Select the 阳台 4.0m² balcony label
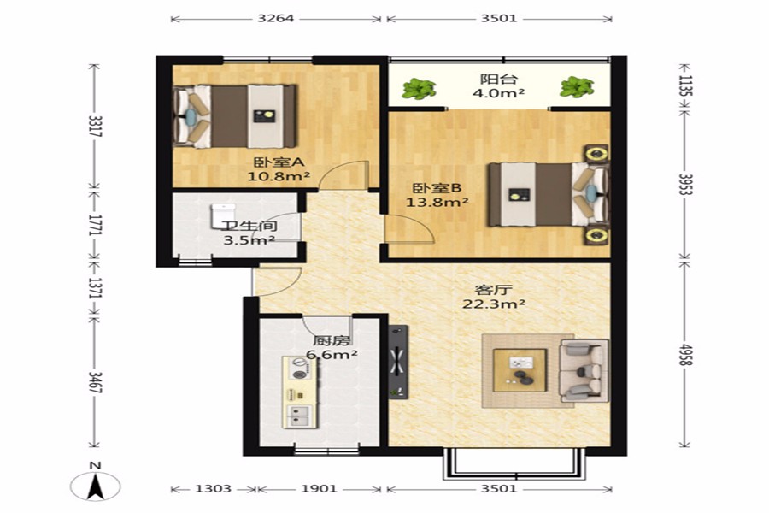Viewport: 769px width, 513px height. tap(498, 85)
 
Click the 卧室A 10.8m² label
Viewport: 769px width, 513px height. tap(279, 168)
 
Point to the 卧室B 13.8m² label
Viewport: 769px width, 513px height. tap(437, 194)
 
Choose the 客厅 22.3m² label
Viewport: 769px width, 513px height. tap(494, 297)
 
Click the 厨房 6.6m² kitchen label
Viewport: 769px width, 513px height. tap(332, 347)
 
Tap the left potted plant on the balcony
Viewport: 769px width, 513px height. tap(419, 88)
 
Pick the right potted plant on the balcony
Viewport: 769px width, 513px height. tap(578, 87)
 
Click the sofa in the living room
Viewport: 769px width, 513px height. tap(584, 369)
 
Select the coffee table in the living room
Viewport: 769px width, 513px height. tap(520, 369)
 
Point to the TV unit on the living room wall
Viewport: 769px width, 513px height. tap(398, 363)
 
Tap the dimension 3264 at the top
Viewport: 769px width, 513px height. tap(276, 18)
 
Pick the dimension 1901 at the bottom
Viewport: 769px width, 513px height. tap(319, 488)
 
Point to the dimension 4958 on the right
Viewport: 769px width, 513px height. tap(685, 355)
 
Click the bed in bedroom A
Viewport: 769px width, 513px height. tap(235, 116)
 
